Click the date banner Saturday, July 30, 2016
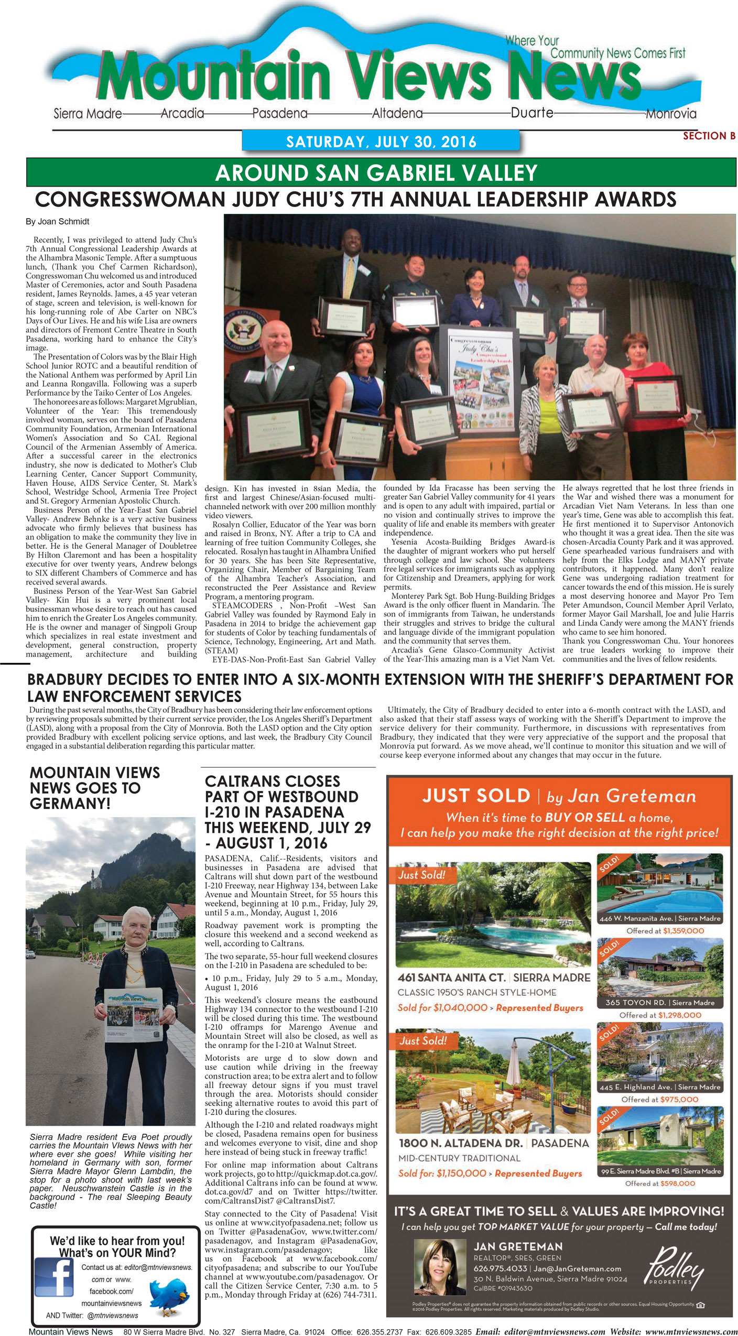coord(381,142)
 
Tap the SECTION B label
coord(709,136)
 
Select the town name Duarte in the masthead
coord(532,112)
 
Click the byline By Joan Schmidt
coord(58,222)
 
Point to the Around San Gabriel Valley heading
coord(376,173)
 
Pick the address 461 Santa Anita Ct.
coord(451,977)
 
